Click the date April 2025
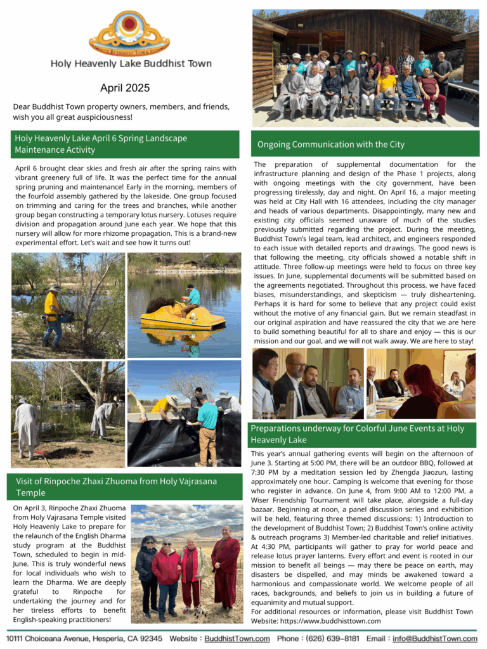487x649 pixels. tap(125, 88)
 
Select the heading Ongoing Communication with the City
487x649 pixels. tap(330, 145)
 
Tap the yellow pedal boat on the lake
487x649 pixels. tap(181, 315)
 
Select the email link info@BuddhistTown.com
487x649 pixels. tap(434, 638)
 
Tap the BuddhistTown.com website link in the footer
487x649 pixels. tap(235, 638)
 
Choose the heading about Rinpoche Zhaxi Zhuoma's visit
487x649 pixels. tap(116, 487)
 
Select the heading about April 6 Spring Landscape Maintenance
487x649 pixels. tap(101, 144)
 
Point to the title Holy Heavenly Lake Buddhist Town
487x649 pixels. tap(131, 63)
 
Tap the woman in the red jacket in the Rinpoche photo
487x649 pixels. tap(167, 567)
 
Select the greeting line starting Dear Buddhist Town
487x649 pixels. tap(121, 112)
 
